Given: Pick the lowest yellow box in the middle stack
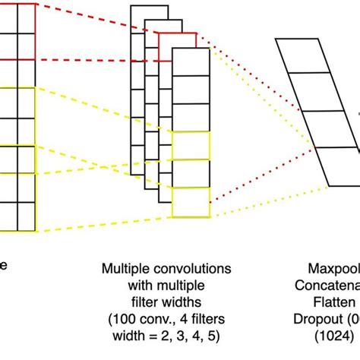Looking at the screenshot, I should [191, 201].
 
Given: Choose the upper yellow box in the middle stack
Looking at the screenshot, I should [191, 146].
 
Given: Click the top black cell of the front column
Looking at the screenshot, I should [191, 62].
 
